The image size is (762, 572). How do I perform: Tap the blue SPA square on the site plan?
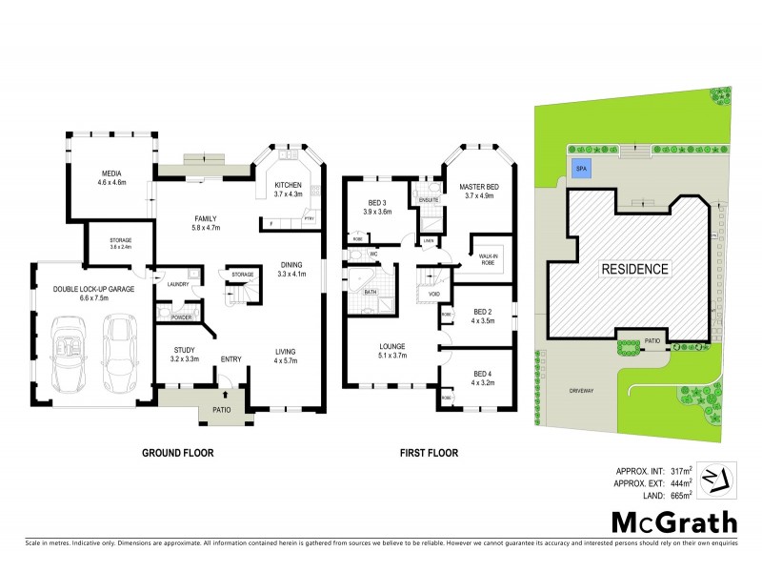point(580,169)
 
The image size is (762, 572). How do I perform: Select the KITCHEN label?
point(288,185)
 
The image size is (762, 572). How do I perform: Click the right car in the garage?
point(120,353)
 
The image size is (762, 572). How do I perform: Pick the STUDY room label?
point(184,350)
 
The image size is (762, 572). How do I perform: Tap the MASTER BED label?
point(479,186)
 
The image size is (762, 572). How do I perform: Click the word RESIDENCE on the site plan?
point(633,270)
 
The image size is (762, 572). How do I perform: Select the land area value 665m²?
point(679,495)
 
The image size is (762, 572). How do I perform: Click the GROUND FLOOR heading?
point(177,453)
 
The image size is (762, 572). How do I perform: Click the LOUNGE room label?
point(392,346)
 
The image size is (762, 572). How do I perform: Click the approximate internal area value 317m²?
point(679,470)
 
